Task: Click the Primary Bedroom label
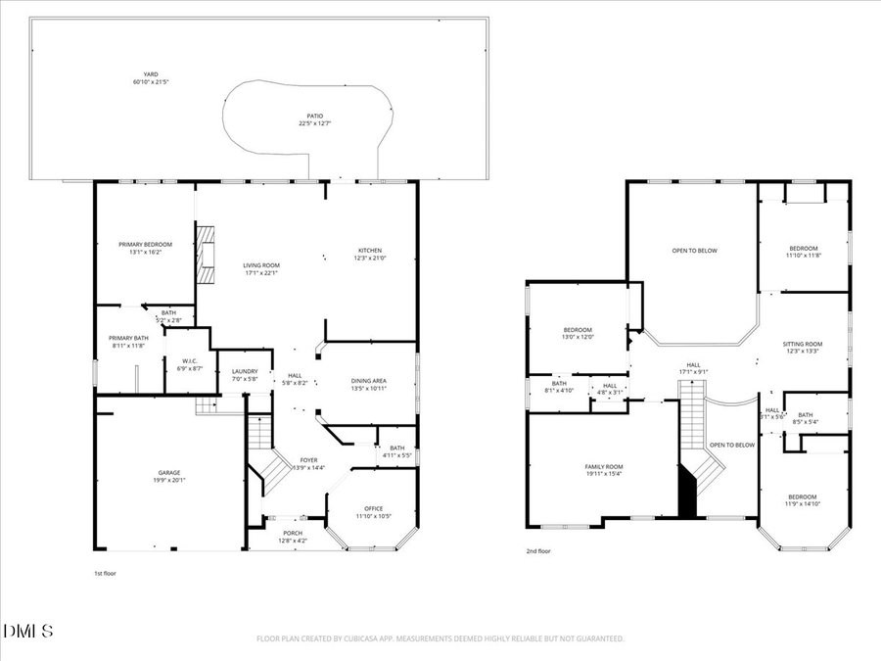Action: pyautogui.click(x=145, y=244)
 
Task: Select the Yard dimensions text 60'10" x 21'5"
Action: pyautogui.click(x=151, y=82)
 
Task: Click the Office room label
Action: pyautogui.click(x=373, y=508)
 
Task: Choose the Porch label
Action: pyautogui.click(x=292, y=533)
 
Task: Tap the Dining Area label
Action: pyautogui.click(x=369, y=380)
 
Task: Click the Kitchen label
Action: pyautogui.click(x=368, y=251)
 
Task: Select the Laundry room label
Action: pyautogui.click(x=245, y=371)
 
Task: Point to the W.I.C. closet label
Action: pyautogui.click(x=190, y=361)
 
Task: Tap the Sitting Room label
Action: pyautogui.click(x=803, y=345)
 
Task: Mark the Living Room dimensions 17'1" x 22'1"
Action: pyautogui.click(x=261, y=273)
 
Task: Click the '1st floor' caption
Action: pyautogui.click(x=104, y=573)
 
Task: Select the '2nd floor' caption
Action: pyautogui.click(x=538, y=551)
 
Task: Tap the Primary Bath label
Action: pyautogui.click(x=126, y=338)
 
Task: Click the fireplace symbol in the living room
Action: pyautogui.click(x=206, y=255)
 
